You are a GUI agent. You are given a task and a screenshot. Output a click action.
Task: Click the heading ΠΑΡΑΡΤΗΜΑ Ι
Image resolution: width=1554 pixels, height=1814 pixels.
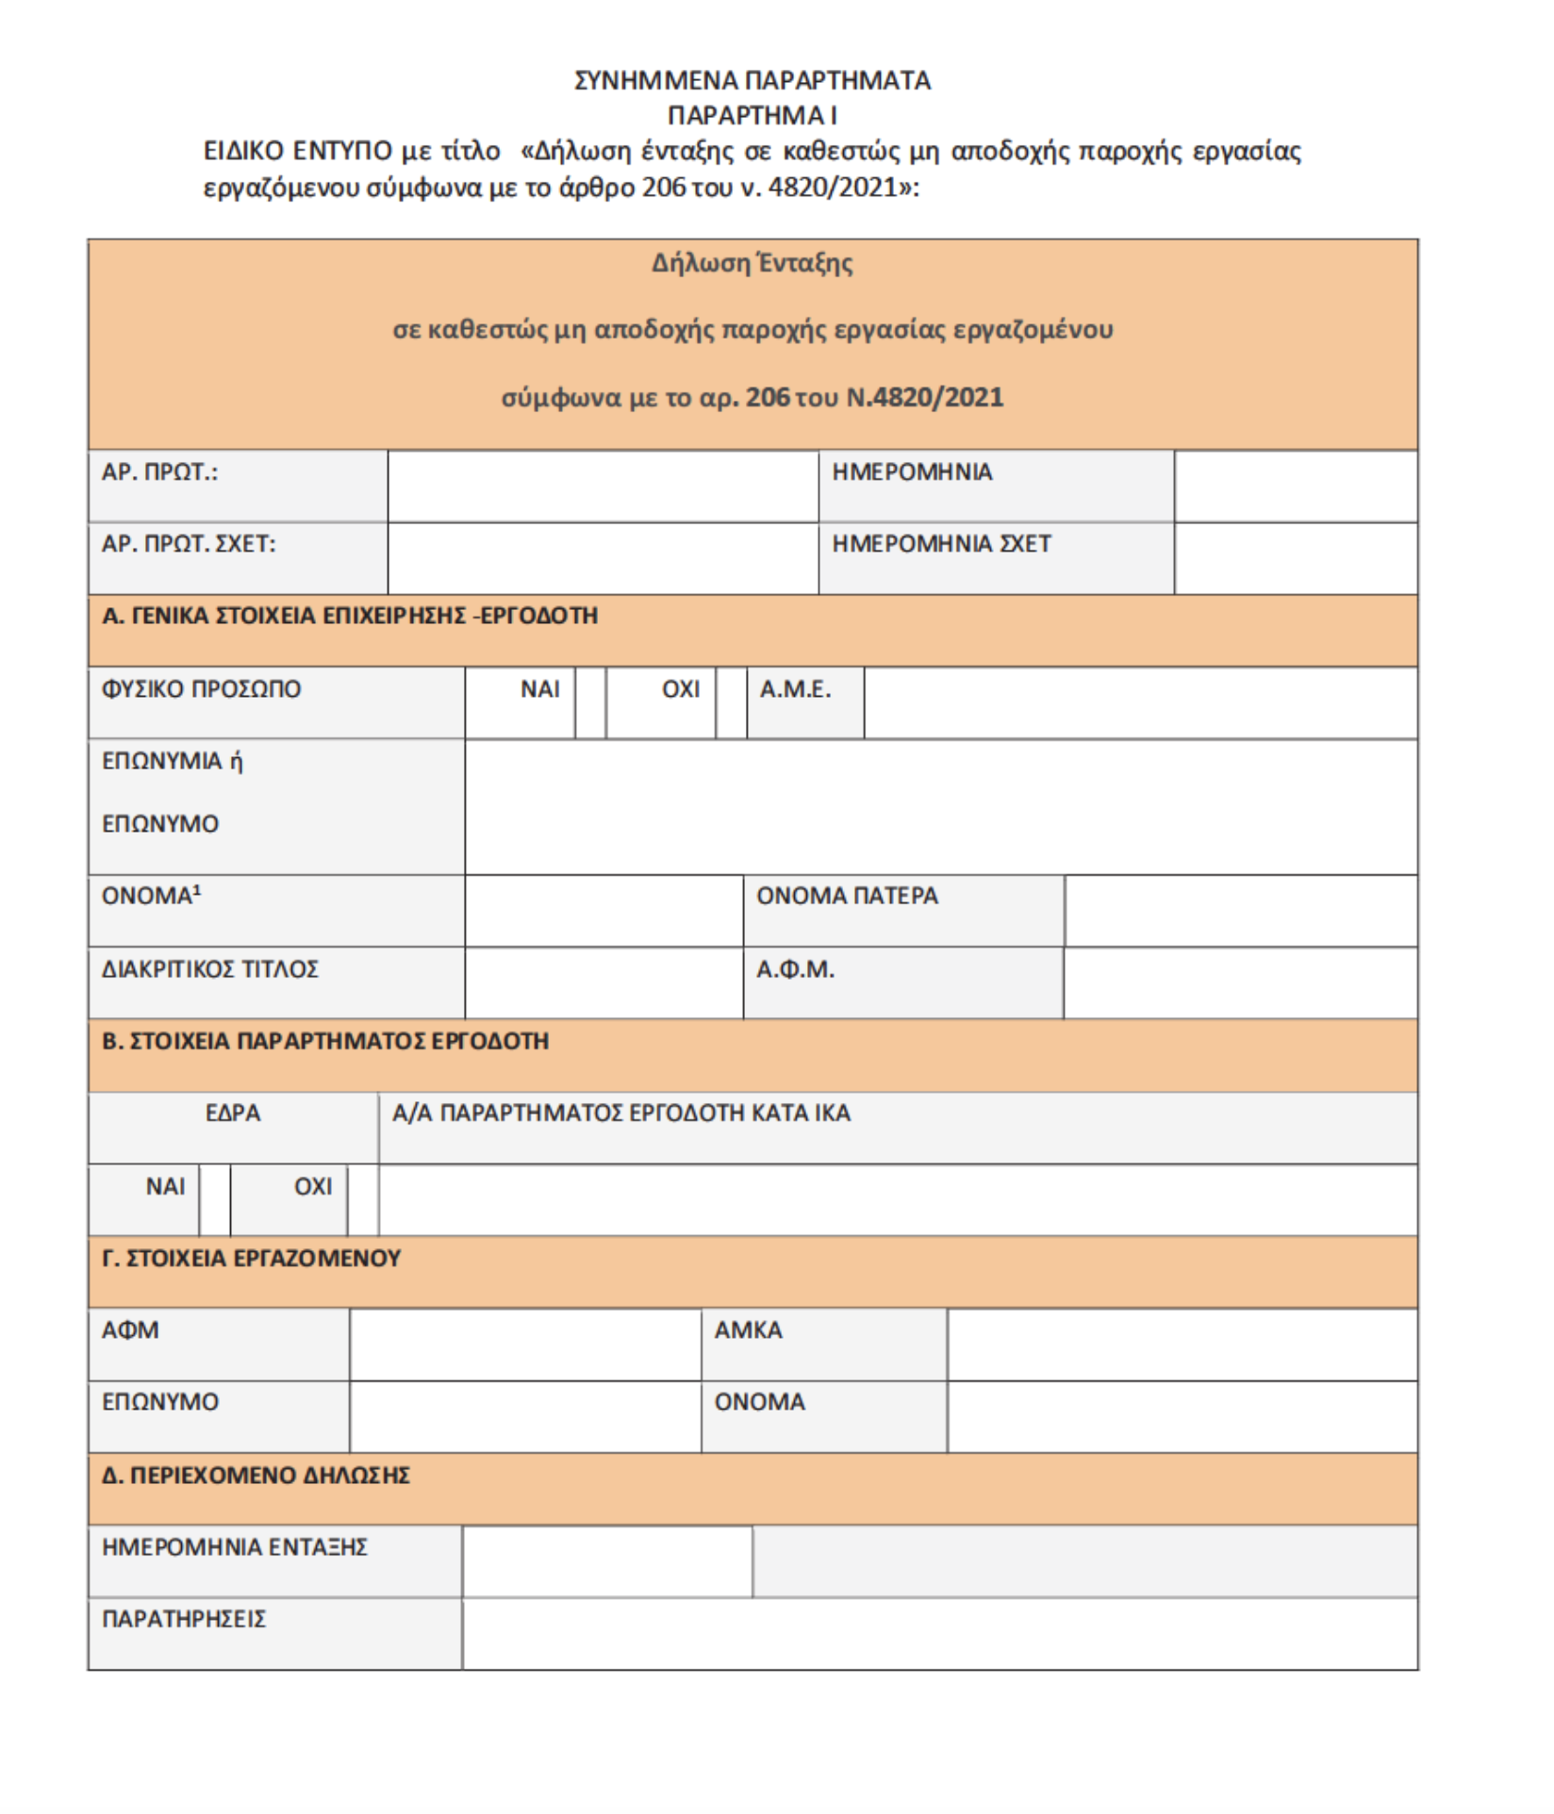click(x=752, y=115)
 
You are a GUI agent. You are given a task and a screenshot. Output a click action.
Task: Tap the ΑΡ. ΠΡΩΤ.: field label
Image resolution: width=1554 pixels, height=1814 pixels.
click(x=159, y=472)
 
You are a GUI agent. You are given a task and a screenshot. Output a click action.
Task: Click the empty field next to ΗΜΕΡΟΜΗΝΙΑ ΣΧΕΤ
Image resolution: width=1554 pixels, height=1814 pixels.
click(x=1296, y=558)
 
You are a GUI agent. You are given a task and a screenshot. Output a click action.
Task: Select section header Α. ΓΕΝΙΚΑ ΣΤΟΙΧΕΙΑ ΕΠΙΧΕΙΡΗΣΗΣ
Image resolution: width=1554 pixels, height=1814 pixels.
click(x=350, y=616)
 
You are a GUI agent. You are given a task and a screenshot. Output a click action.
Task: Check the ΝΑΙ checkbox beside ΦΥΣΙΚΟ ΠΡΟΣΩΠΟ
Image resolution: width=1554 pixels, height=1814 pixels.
click(x=590, y=702)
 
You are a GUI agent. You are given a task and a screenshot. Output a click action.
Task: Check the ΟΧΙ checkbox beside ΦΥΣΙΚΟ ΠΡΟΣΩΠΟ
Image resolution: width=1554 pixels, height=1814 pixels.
click(x=731, y=702)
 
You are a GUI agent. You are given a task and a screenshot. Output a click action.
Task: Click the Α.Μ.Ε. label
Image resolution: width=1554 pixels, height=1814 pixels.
click(x=795, y=689)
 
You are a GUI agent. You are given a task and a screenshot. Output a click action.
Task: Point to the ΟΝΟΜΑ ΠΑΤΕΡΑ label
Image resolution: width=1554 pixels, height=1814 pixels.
click(x=847, y=896)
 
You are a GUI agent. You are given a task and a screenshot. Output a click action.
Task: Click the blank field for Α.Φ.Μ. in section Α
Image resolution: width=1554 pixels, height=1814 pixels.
click(x=1240, y=982)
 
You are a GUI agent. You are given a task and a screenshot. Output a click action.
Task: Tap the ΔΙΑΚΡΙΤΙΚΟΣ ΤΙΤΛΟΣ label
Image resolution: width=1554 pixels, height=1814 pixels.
click(x=210, y=969)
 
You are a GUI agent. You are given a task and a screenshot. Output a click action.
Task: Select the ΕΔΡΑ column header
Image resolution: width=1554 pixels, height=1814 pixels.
click(x=233, y=1113)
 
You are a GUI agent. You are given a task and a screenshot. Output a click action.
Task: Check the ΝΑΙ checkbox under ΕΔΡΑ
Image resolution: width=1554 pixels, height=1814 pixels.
click(x=215, y=1199)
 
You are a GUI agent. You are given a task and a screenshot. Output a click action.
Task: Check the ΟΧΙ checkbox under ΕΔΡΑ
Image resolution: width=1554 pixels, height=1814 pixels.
click(x=363, y=1199)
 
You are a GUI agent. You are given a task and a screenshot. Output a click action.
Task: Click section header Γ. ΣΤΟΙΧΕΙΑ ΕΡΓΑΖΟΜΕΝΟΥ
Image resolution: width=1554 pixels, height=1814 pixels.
click(x=252, y=1259)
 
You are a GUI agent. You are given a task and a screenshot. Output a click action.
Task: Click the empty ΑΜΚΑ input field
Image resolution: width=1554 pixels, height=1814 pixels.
click(x=1182, y=1344)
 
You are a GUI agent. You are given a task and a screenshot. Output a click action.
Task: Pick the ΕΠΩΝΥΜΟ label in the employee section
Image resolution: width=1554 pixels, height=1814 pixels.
click(x=160, y=1402)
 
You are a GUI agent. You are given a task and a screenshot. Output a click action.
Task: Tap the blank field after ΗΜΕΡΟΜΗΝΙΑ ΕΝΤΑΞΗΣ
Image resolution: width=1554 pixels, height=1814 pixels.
click(x=607, y=1561)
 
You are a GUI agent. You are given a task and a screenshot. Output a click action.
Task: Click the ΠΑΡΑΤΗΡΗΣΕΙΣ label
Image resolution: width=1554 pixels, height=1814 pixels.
click(x=184, y=1619)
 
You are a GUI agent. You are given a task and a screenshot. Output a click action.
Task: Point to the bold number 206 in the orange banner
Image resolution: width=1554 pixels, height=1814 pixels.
click(x=768, y=397)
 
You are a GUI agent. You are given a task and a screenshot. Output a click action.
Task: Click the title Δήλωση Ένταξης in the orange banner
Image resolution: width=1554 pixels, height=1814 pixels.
click(x=752, y=263)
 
